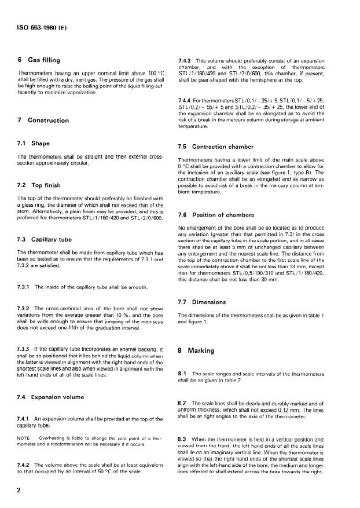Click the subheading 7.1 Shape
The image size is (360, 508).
[34, 143]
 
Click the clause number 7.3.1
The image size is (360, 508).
[25, 287]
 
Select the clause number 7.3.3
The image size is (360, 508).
[25, 350]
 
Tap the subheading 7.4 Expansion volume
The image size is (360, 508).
[51, 397]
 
